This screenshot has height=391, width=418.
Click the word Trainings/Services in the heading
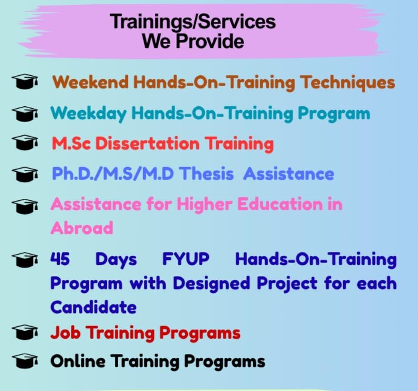click(193, 21)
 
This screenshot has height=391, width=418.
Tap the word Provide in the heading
click(210, 42)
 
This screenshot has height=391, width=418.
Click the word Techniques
click(348, 83)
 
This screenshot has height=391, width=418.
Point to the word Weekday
click(88, 114)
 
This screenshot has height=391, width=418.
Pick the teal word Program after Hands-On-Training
click(334, 114)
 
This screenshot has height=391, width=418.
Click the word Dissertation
click(147, 144)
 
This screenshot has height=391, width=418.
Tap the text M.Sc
click(71, 144)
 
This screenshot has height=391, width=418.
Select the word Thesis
click(206, 174)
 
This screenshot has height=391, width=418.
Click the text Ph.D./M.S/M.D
click(113, 174)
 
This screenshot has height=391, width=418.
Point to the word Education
click(280, 205)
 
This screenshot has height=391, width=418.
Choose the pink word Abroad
click(82, 228)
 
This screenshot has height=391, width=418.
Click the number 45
click(60, 259)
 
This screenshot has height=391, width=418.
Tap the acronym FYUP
click(186, 259)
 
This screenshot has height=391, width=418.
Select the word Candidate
click(93, 307)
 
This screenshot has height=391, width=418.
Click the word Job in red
click(66, 333)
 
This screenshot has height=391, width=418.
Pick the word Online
click(77, 362)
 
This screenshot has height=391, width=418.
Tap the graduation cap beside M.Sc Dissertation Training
click(25, 142)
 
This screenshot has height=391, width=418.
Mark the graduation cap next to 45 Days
click(25, 260)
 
